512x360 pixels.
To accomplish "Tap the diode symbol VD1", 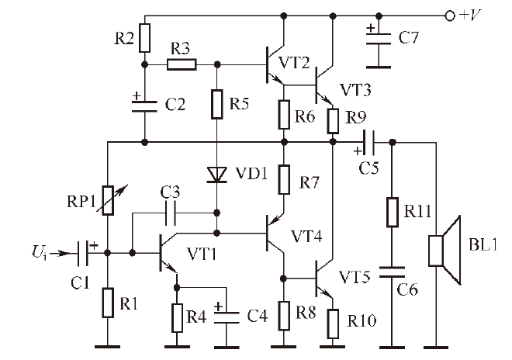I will tap(217, 174).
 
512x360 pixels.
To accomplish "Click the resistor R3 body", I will tap(181, 64).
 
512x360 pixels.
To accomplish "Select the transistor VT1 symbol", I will tap(165, 253).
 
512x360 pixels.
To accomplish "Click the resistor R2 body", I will tap(145, 36).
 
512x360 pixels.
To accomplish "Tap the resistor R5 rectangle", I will tap(217, 102).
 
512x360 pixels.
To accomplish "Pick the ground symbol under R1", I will tap(107, 345).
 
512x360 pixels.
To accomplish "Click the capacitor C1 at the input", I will tap(85, 252).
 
